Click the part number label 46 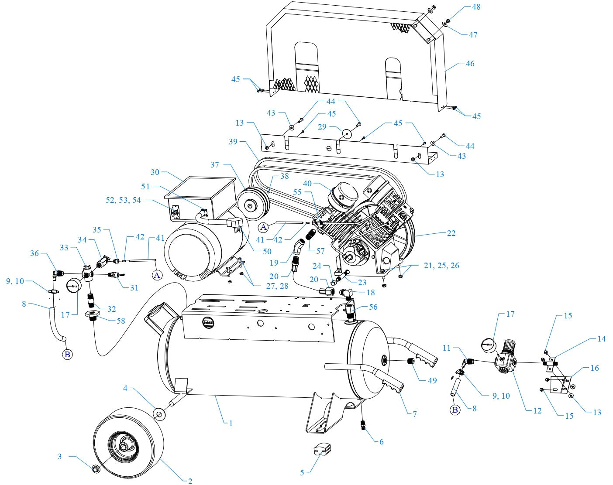coord(470,64)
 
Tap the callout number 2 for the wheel coord(190,481)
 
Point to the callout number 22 coord(451,233)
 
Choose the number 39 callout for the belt coord(233,142)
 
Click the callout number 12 coord(537,410)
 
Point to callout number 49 coord(432,380)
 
